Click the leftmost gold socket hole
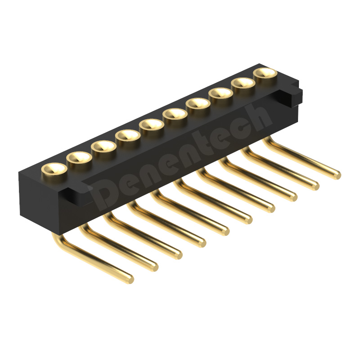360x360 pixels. coord(54,170)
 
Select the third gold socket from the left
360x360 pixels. coord(103,147)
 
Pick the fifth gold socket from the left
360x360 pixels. coord(151,125)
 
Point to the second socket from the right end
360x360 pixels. coord(243,84)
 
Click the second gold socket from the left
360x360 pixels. coord(79,158)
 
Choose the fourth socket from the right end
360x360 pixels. coord(198,103)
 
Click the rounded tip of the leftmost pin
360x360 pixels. coord(129,279)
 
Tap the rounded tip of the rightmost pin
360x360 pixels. coord(336,174)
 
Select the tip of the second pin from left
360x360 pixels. coord(153,266)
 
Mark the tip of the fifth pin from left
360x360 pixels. coord(224,230)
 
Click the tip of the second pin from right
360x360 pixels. coord(315,184)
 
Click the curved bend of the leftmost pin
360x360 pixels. coord(58,241)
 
